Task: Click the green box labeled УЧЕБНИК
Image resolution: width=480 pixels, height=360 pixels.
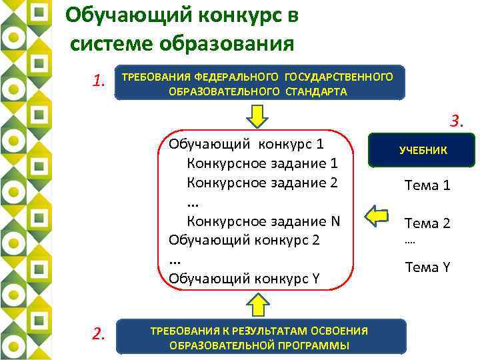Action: [x=423, y=150]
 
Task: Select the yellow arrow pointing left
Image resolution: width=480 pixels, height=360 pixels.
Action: [x=378, y=216]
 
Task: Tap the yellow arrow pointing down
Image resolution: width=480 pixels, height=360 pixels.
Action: [x=257, y=117]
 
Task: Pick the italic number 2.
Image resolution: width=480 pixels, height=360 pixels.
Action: [x=99, y=333]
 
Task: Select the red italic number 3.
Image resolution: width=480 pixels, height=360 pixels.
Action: [x=456, y=121]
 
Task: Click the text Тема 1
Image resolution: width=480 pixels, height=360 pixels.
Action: [x=427, y=185]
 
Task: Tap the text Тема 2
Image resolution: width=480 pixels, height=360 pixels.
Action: [x=427, y=223]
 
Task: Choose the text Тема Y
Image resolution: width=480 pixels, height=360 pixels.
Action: [x=427, y=267]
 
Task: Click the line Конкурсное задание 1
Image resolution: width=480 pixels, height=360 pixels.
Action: [x=263, y=163]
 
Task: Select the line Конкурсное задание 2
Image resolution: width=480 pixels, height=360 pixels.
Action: [x=263, y=182]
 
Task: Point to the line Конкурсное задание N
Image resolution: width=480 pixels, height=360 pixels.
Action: [x=263, y=221]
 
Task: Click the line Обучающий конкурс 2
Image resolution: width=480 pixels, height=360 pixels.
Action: [x=245, y=239]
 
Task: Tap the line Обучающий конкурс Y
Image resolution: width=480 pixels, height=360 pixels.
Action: [x=245, y=277]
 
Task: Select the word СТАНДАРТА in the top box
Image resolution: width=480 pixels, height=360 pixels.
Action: [x=317, y=92]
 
